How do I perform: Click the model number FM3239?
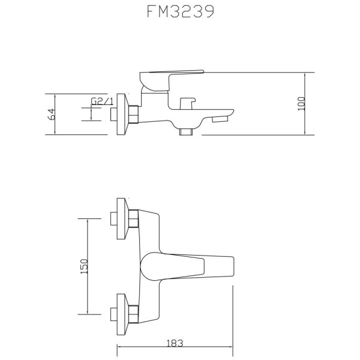point(180,14)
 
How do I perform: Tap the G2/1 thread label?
point(103,103)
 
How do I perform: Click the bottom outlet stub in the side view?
point(187,131)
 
